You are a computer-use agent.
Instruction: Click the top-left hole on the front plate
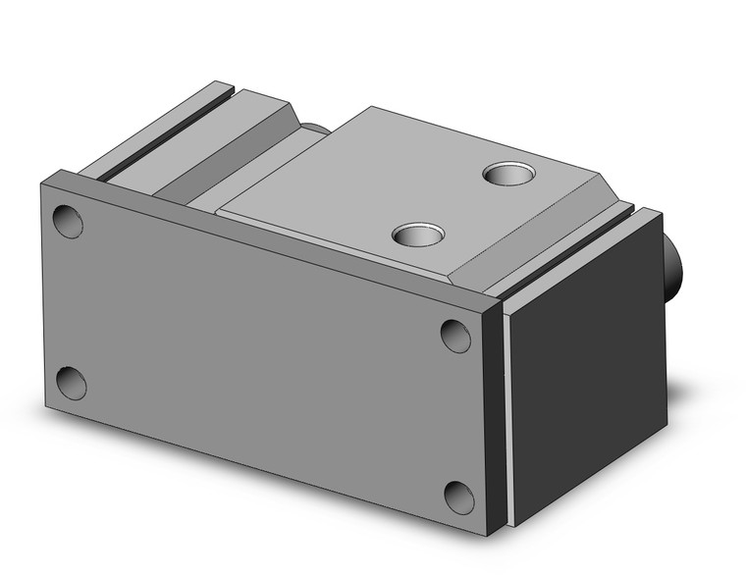[68, 221]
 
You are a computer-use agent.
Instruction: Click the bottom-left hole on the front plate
[71, 382]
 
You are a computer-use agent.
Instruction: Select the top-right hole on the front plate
[455, 335]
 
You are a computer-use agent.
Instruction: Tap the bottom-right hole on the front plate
[458, 497]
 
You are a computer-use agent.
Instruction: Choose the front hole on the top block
[416, 235]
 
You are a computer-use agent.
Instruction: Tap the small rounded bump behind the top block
[314, 129]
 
